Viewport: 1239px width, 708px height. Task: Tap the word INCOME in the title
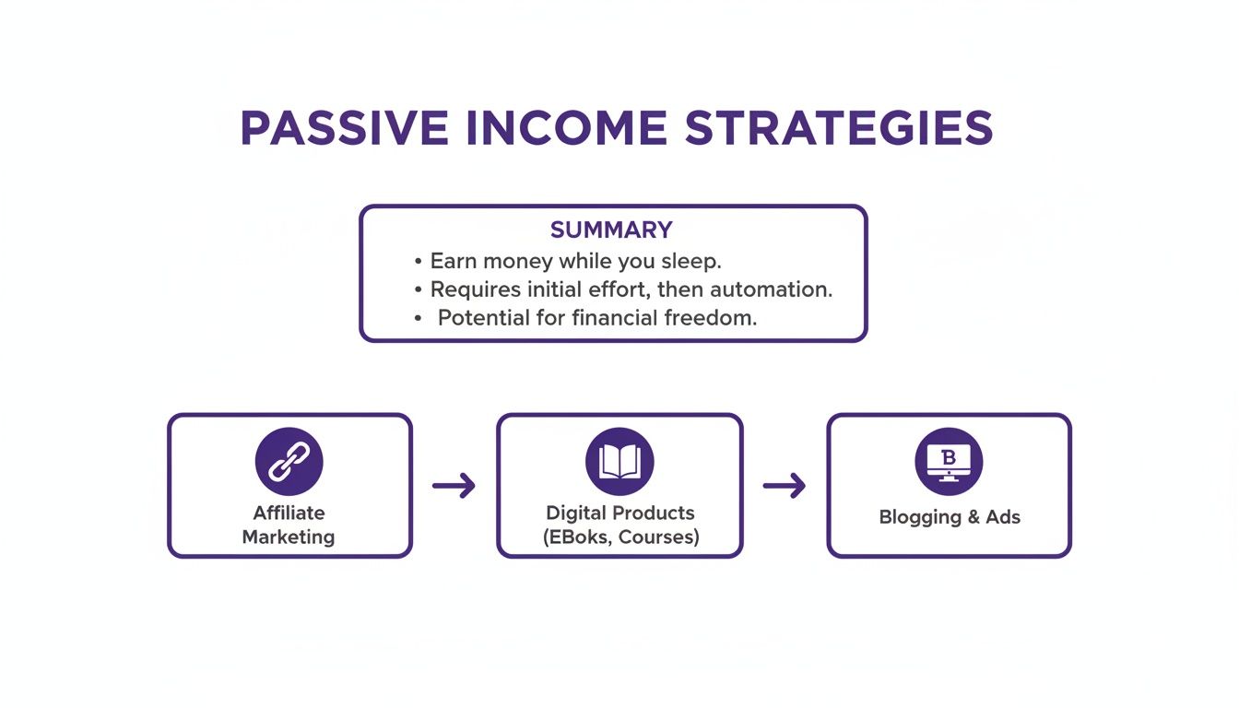pyautogui.click(x=565, y=129)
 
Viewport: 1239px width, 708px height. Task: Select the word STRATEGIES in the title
pyautogui.click(x=839, y=129)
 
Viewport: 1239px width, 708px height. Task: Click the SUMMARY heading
pyautogui.click(x=611, y=230)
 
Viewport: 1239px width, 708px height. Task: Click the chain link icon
pyautogui.click(x=289, y=462)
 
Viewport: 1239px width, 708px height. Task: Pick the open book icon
pyautogui.click(x=619, y=462)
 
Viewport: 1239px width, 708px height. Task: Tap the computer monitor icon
pyautogui.click(x=949, y=462)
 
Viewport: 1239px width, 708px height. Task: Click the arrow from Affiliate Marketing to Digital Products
pyautogui.click(x=454, y=486)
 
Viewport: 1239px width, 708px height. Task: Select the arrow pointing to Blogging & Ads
pyautogui.click(x=784, y=486)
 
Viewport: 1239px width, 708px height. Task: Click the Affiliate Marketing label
pyautogui.click(x=289, y=525)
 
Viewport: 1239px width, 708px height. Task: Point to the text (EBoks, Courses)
pyautogui.click(x=619, y=537)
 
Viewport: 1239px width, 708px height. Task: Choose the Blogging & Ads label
pyautogui.click(x=950, y=517)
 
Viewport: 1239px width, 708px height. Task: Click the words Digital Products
pyautogui.click(x=619, y=513)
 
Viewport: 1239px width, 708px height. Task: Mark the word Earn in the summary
pyautogui.click(x=454, y=261)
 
